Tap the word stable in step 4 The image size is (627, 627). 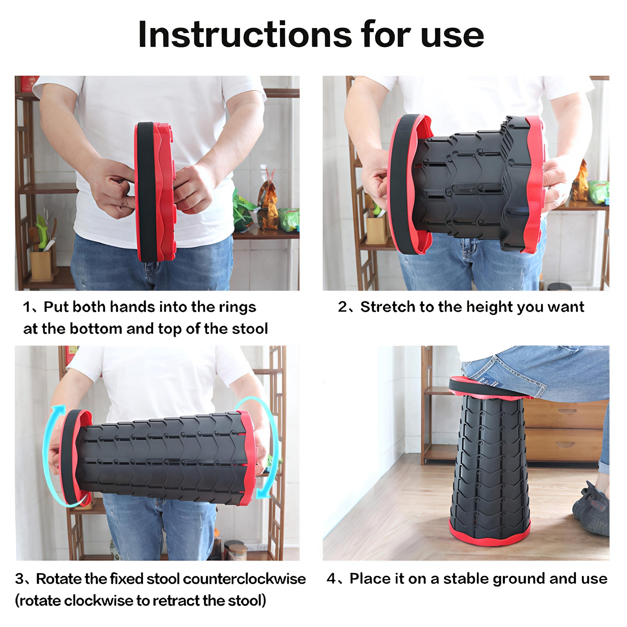click(466, 579)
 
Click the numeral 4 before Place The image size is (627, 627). click(331, 579)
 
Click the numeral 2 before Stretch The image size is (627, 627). click(342, 307)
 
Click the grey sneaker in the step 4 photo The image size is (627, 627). click(590, 508)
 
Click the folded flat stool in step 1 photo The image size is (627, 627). click(155, 192)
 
